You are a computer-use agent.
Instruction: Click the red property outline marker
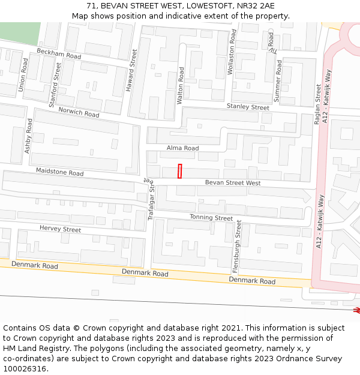(179, 170)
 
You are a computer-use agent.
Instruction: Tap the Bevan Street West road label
(233, 182)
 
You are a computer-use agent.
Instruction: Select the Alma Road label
(182, 148)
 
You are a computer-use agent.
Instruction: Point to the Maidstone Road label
(59, 172)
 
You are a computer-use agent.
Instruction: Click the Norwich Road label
(79, 112)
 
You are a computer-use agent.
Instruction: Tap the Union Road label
(23, 74)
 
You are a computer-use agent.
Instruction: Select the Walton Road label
(181, 85)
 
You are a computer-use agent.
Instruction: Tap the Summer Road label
(278, 79)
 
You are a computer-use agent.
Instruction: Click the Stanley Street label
(248, 107)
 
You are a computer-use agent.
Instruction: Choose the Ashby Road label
(28, 136)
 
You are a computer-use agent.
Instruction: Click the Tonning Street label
(211, 217)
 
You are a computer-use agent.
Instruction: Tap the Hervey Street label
(60, 229)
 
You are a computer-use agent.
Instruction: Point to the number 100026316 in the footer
(24, 369)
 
